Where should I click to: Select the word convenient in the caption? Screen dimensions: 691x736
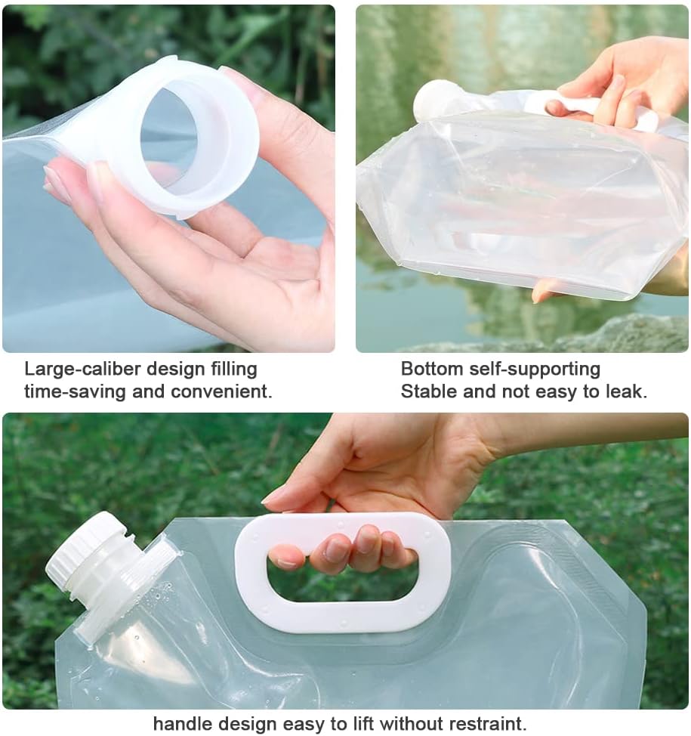pyautogui.click(x=221, y=391)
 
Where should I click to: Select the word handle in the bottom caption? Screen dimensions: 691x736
pyautogui.click(x=184, y=723)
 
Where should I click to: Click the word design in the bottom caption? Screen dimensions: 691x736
pyautogui.click(x=247, y=723)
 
